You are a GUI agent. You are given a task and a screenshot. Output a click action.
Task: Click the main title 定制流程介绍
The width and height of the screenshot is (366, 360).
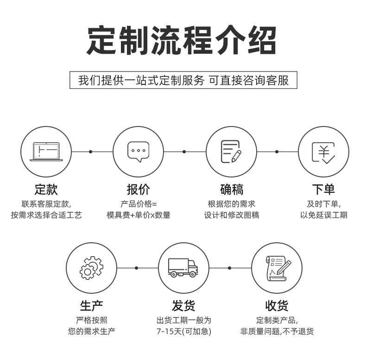pos(183,41)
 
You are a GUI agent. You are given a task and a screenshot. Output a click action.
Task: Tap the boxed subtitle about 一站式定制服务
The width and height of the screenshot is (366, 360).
pos(183,80)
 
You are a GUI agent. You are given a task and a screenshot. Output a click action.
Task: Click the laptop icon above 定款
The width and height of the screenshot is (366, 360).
pos(46,152)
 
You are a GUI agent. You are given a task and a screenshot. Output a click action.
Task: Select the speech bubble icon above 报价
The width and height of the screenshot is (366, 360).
pos(139,152)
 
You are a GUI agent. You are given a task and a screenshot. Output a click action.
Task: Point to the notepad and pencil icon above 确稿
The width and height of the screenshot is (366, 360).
pos(231,152)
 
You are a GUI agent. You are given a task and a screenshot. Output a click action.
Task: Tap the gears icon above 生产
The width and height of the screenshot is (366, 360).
pos(91,268)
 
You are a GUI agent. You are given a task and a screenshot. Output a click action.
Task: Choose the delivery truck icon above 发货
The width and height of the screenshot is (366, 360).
pos(183,268)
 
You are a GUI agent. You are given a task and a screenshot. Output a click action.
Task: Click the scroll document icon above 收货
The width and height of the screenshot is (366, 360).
pos(277,268)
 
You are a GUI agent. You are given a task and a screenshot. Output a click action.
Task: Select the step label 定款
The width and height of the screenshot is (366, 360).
pos(46,189)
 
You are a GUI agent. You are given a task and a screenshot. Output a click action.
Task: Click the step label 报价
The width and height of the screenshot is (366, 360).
pos(139,189)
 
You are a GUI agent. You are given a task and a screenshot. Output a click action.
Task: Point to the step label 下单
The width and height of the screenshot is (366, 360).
pos(323,189)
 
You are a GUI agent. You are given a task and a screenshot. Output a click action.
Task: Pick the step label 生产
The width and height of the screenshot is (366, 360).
pos(91,306)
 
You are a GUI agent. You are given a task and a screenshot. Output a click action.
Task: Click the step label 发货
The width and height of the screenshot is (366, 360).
pos(183,306)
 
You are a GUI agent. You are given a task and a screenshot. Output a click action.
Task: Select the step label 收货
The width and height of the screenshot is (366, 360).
pos(277,306)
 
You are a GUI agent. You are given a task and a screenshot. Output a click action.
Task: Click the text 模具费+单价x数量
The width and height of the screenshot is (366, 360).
pos(139,215)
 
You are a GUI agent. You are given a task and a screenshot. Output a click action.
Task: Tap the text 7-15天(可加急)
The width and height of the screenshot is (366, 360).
pos(183,331)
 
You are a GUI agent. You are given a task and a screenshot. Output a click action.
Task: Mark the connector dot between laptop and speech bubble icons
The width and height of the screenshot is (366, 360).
pos(91,152)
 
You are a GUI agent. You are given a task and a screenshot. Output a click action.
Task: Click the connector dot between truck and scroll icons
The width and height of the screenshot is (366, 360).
pos(229,268)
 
